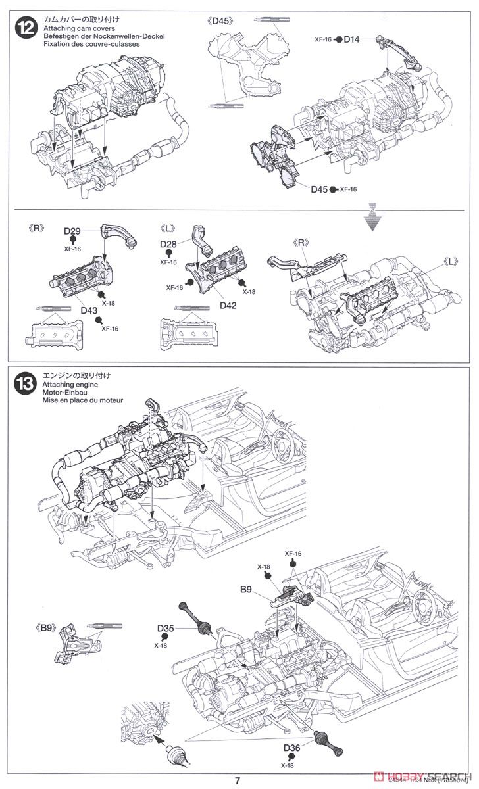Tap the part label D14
click(352, 40)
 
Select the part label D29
click(72, 231)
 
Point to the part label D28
click(168, 244)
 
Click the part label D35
click(166, 629)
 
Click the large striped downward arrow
click(373, 218)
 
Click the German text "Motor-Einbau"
click(64, 392)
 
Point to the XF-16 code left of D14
click(324, 40)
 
